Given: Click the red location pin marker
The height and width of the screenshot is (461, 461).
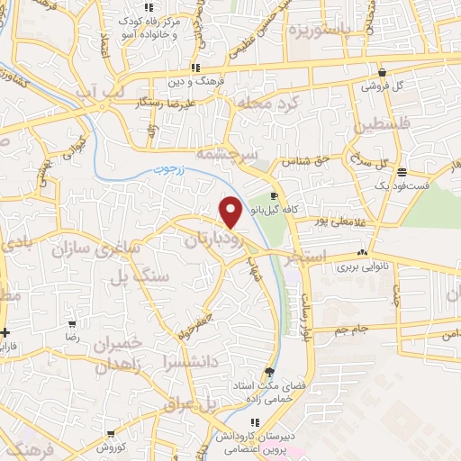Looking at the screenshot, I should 231,212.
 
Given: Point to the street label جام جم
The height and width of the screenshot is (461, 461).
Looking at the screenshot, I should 353,330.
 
